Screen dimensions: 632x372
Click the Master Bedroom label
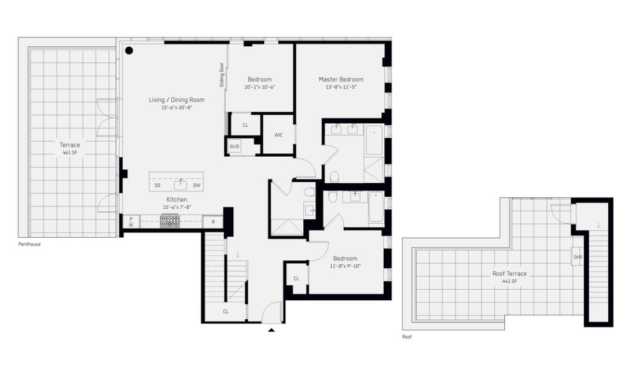pos(341,79)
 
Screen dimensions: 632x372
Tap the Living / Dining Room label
pos(177,100)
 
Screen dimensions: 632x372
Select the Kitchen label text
pos(177,200)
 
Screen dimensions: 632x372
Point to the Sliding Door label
pos(222,75)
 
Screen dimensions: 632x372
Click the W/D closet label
pos(234,147)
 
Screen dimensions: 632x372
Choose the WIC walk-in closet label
pos(278,135)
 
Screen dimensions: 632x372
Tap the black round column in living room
pos(129,50)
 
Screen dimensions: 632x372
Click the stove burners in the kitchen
pos(170,221)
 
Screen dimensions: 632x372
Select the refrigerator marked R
pos(213,222)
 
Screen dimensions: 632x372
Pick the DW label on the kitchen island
pos(197,185)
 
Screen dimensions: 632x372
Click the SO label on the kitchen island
pos(157,185)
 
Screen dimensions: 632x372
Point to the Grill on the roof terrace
pos(578,257)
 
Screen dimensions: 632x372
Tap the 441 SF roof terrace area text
pos(509,281)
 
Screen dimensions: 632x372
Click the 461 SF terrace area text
pos(69,153)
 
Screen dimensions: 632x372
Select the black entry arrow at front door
pos(271,330)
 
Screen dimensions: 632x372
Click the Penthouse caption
pos(30,244)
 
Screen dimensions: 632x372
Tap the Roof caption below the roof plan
pos(407,337)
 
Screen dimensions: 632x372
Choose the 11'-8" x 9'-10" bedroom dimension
pos(345,266)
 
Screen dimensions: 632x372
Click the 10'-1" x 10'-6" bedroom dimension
pos(259,87)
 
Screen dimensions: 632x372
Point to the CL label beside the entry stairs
pos(226,312)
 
